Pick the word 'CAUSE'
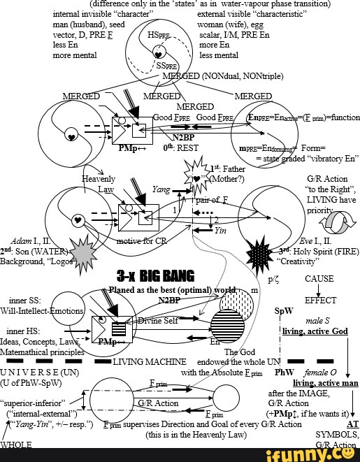320,278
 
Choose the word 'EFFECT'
320,301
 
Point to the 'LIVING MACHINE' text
150,362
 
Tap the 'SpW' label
285,310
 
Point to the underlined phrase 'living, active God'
314,331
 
